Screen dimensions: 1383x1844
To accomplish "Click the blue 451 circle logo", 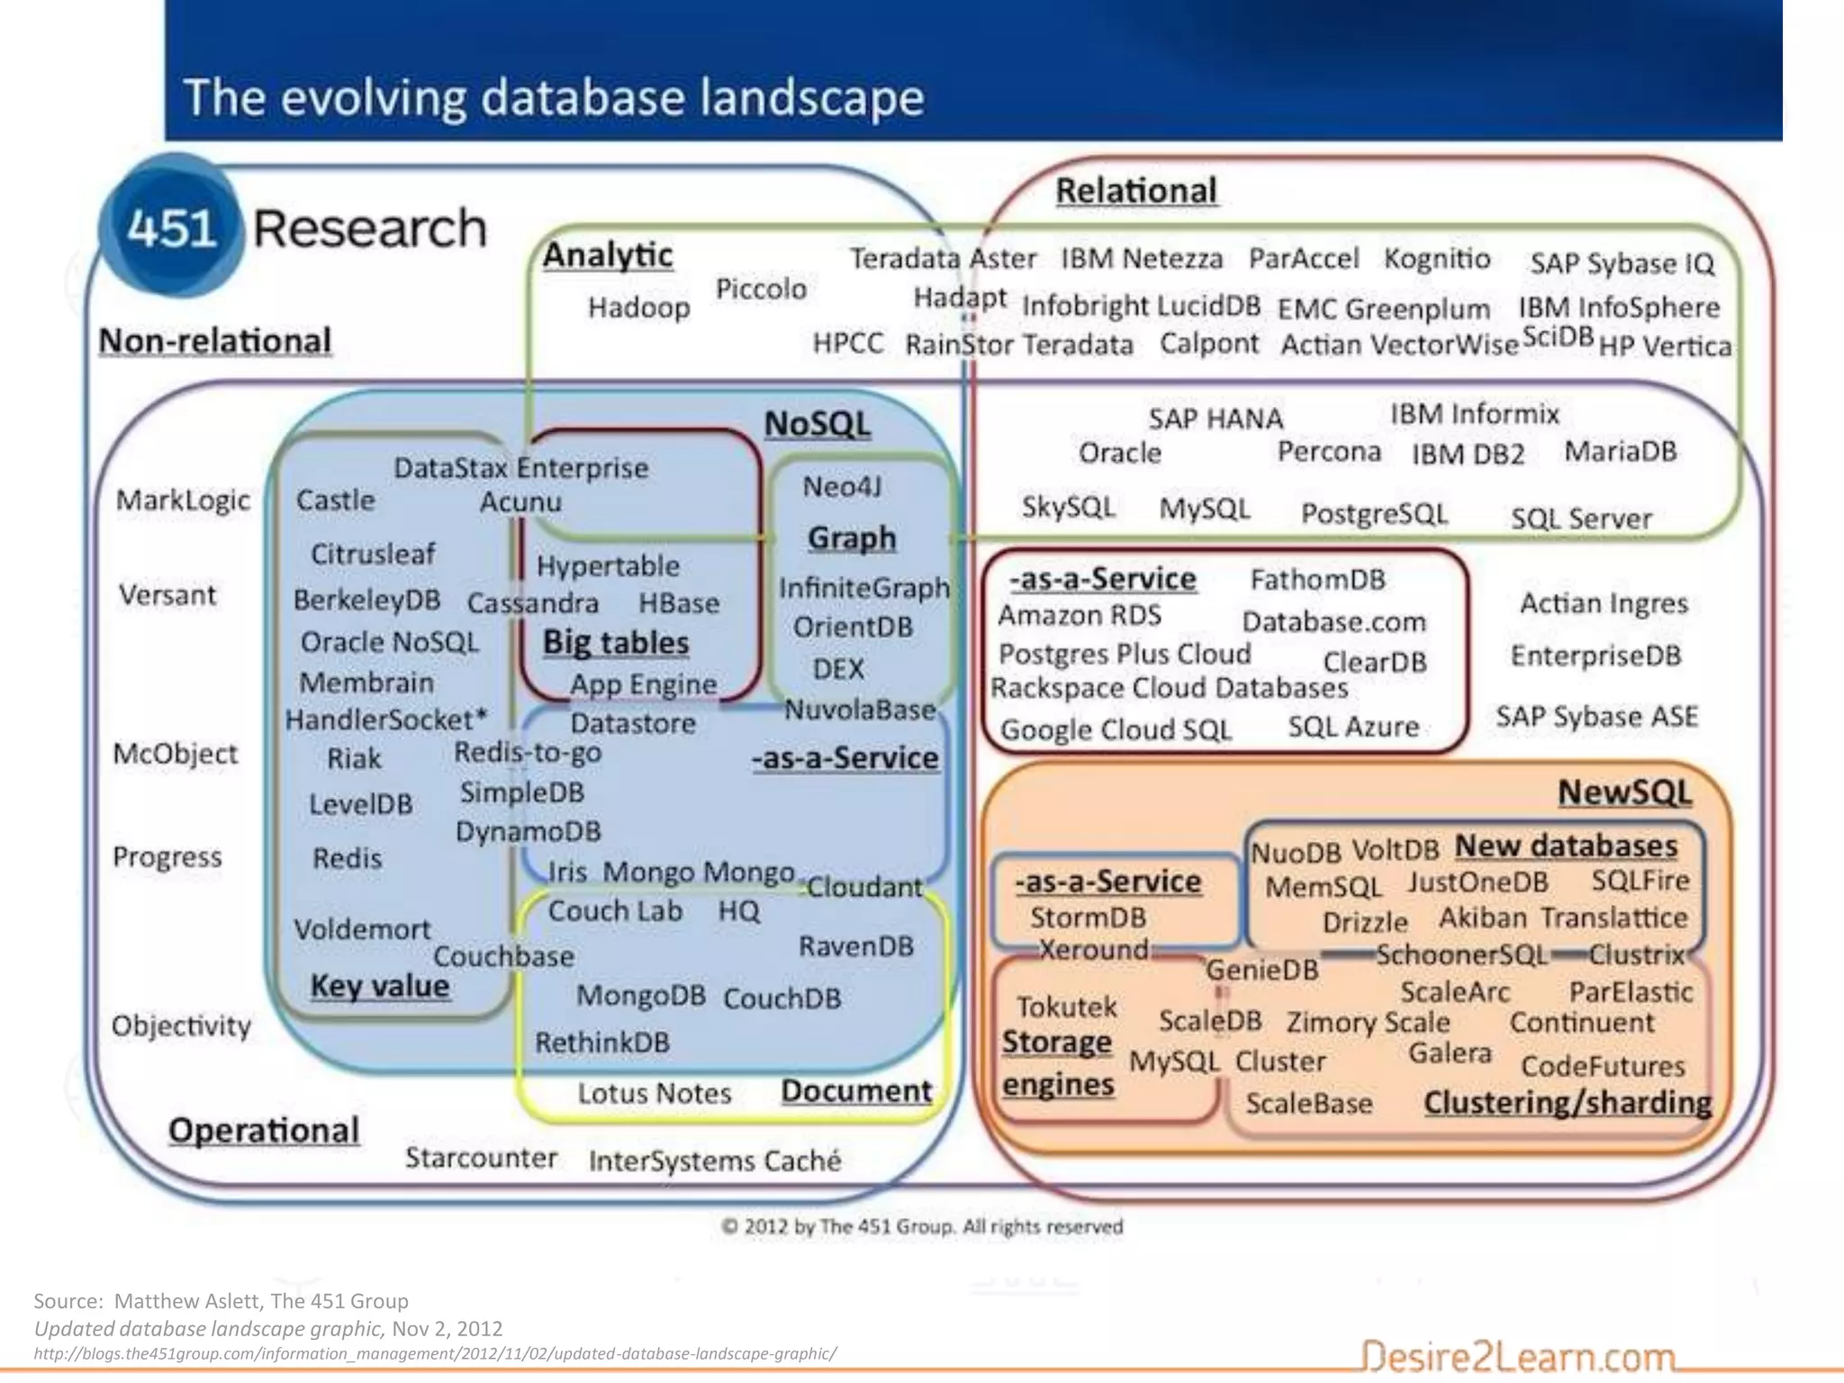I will [170, 227].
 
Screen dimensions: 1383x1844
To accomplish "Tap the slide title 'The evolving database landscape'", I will [553, 97].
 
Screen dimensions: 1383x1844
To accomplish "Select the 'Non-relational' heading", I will [215, 341].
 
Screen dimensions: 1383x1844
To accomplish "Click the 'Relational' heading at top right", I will [1135, 191].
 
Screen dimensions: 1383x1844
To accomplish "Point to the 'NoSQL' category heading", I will [817, 423].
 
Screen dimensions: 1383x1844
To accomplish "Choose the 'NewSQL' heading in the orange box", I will [1623, 792].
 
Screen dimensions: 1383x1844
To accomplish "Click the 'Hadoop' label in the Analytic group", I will [638, 307].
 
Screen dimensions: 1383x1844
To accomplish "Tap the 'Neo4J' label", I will [842, 486].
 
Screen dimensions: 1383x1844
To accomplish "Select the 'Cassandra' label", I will [533, 602].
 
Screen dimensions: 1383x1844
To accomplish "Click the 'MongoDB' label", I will [640, 996].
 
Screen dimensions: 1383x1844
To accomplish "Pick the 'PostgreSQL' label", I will [1374, 513].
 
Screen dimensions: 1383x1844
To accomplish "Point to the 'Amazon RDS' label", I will [1080, 616].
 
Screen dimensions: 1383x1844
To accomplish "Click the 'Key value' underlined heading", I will [379, 986].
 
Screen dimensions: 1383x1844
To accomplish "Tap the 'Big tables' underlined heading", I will [616, 642].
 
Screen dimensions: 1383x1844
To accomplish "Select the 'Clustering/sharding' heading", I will [1568, 1103].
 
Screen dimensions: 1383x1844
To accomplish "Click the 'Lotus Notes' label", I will [654, 1093].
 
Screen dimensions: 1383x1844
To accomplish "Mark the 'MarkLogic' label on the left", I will [183, 500].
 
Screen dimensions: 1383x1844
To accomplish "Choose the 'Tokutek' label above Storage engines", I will [1066, 1006].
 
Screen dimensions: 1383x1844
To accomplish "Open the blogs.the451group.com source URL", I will [435, 1353].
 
